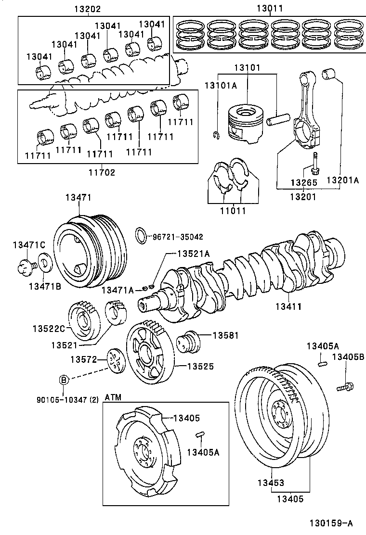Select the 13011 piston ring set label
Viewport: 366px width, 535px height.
[x=270, y=8]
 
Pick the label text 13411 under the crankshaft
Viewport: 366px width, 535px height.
[x=289, y=306]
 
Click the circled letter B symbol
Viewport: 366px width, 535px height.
[x=64, y=380]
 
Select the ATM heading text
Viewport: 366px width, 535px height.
[x=113, y=397]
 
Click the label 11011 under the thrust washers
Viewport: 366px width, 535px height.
[x=233, y=211]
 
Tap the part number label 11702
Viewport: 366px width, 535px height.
[x=102, y=172]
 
